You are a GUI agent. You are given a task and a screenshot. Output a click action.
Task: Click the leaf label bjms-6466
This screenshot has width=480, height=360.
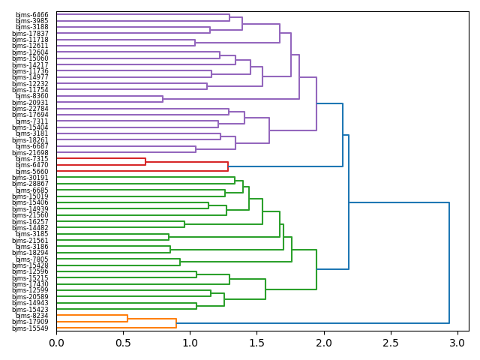coord(31,14)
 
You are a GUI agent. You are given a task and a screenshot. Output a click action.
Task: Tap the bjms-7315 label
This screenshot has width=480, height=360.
coord(31,159)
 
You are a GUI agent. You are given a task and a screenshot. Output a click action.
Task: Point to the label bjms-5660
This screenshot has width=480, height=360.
coord(31,172)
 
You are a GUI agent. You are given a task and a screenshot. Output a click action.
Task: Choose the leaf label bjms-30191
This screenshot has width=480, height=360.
coord(30,178)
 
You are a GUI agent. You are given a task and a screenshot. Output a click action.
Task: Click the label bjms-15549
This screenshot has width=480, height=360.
coord(30,328)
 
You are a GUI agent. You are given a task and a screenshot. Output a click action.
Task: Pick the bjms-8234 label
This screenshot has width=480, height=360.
coord(31,316)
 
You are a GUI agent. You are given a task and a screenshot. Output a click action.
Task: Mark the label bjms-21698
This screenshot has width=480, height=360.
coord(30,153)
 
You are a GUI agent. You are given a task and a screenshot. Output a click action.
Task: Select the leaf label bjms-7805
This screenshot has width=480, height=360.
coord(31,259)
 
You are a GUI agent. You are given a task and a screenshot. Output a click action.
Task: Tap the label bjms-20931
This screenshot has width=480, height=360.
coord(30,103)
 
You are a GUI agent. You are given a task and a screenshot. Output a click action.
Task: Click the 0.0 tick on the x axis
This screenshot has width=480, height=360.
coord(56,343)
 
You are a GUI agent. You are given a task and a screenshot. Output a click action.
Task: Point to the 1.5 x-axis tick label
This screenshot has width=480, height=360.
coord(256,343)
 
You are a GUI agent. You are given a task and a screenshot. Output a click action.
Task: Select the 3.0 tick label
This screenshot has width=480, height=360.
coord(457,343)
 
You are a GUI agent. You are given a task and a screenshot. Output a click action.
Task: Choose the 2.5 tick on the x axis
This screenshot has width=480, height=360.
coord(390,343)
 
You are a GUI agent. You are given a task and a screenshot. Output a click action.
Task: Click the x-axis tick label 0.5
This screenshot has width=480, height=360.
coord(123,343)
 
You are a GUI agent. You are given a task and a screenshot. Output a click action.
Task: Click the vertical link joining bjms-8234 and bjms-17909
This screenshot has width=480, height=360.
coord(127,319)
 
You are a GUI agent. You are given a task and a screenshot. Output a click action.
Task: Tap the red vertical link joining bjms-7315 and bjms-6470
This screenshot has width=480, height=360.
coord(145,162)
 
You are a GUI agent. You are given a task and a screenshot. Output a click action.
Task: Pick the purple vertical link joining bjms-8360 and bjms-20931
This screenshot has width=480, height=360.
coord(163,99)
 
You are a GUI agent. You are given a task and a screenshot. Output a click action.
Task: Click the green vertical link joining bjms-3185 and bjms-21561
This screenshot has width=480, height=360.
coord(169,237)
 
